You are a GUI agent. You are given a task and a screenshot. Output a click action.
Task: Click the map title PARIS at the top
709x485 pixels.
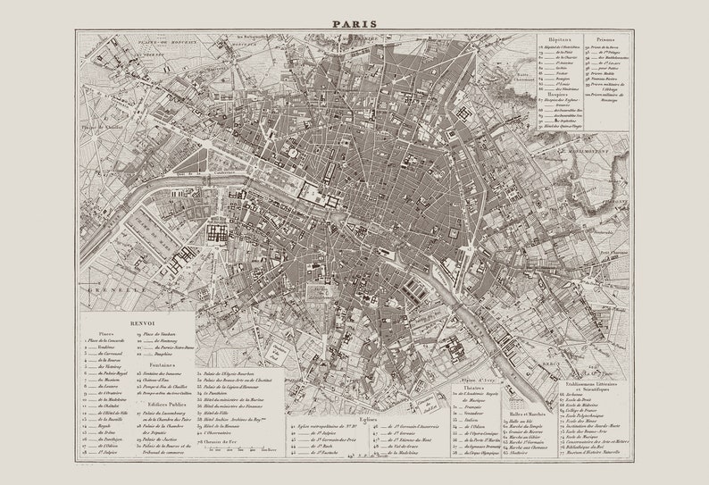pos(354,24)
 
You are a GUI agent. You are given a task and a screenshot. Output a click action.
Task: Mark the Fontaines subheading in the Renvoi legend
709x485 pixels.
pos(162,364)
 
